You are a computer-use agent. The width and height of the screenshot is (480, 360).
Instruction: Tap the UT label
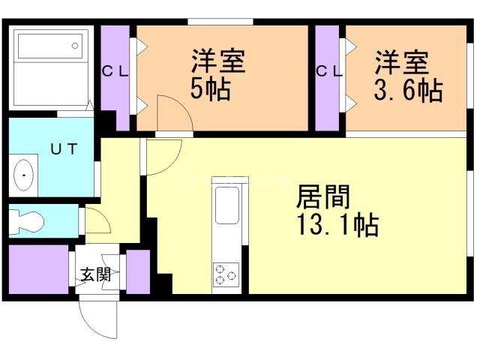click(63, 148)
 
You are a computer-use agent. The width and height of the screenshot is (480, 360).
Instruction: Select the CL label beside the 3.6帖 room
click(328, 72)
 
